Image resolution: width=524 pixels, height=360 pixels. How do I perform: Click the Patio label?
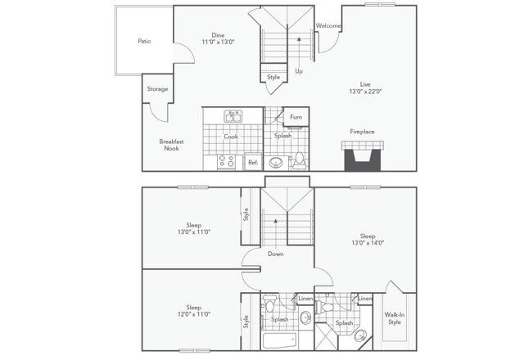144,40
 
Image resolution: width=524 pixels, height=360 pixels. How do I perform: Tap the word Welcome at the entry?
328,25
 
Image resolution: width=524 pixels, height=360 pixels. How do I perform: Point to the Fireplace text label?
362,131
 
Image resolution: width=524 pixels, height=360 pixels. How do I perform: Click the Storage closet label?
157,88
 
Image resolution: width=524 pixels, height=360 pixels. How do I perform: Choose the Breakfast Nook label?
171,145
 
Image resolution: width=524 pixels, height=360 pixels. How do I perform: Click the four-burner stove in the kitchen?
227,161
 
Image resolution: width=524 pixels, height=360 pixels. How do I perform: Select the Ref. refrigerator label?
253,162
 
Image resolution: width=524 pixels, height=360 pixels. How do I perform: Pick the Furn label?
296,117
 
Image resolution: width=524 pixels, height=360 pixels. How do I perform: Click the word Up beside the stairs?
299,71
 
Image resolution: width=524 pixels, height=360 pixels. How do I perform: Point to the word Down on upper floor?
276,254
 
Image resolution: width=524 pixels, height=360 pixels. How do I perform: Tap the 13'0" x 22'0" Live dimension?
366,92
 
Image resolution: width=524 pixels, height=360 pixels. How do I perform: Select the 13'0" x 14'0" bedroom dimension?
367,242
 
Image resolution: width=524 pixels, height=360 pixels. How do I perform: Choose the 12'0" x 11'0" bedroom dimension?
193,314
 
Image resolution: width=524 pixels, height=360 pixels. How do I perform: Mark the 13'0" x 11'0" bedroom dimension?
193,232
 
